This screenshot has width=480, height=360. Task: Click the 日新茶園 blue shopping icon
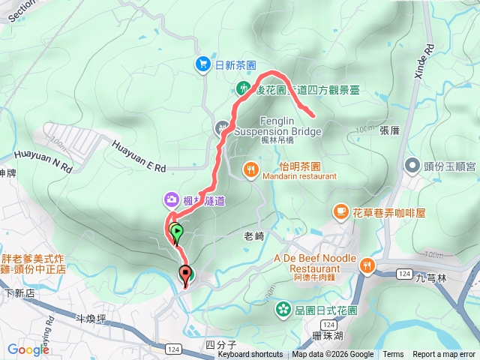(x=203, y=65)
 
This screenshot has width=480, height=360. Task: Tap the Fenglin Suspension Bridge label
(x=277, y=126)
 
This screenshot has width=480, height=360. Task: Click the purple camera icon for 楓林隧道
(x=172, y=199)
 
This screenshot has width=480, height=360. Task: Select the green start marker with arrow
(x=176, y=233)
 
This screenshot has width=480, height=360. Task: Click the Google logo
(x=28, y=349)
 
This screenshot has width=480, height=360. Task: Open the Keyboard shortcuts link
(x=250, y=355)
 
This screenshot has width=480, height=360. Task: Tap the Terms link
(x=393, y=355)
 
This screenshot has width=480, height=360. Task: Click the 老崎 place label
(x=254, y=235)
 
